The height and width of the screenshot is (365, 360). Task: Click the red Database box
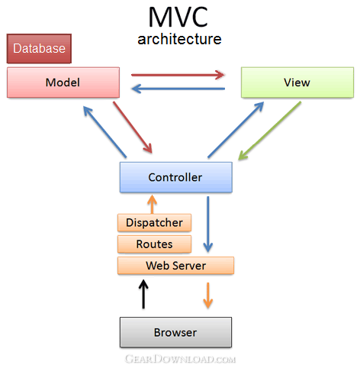[x=39, y=48]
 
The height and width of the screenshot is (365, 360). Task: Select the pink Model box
[x=63, y=82]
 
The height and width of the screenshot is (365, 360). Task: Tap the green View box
[x=297, y=82]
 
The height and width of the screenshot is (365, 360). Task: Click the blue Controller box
[x=176, y=177]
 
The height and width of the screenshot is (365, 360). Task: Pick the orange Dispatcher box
[x=154, y=223]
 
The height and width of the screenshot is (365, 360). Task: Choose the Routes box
[x=154, y=244]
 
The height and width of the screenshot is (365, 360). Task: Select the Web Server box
[x=175, y=266]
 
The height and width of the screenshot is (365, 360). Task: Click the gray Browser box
[x=175, y=332]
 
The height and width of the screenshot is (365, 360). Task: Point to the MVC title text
[x=178, y=17]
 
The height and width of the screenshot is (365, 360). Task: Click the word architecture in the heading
[x=179, y=39]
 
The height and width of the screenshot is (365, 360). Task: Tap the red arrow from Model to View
[x=178, y=75]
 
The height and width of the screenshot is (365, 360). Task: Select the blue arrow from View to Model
[x=178, y=89]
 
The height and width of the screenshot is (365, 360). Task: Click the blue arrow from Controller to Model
[x=104, y=132]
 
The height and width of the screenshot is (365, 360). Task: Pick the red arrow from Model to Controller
[x=133, y=127]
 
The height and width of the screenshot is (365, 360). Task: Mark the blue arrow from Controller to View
[x=236, y=130]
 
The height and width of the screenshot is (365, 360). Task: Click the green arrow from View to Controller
[x=269, y=131]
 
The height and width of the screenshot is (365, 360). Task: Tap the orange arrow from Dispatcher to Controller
[x=152, y=204]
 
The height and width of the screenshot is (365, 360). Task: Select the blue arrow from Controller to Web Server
[x=208, y=224]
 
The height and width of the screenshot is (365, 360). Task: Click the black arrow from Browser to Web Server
[x=143, y=294]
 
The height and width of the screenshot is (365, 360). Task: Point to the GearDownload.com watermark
[x=180, y=359]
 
